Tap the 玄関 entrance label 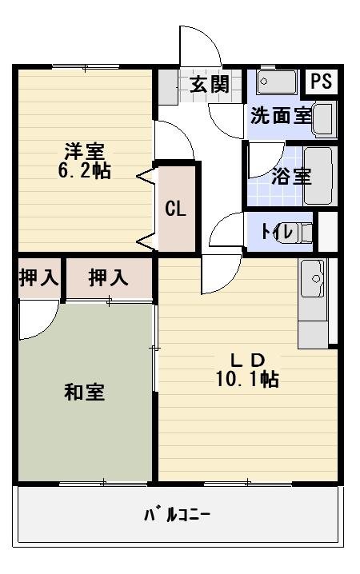tap(210, 85)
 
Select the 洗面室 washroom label tap(280, 115)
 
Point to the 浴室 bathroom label tap(290, 176)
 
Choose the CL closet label tap(175, 209)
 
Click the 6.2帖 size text tap(84, 170)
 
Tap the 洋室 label tap(84, 150)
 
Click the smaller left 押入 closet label tap(38, 278)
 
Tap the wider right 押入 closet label tap(108, 278)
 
